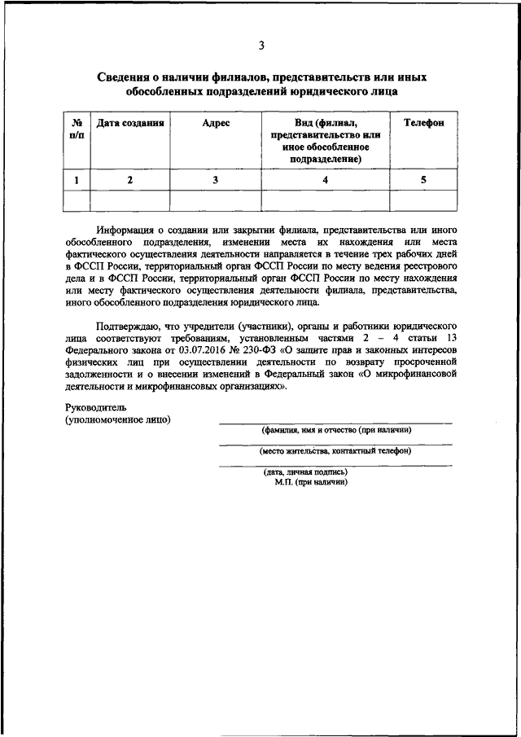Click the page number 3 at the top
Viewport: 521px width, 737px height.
point(260,45)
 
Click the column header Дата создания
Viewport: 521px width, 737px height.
point(130,123)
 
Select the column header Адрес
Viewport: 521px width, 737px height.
point(216,123)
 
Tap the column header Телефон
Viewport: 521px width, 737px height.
point(423,123)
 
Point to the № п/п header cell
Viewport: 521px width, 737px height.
point(77,129)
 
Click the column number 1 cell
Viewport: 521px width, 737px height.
point(77,180)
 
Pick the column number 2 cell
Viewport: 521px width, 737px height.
point(130,180)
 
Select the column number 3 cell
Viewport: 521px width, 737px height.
point(216,180)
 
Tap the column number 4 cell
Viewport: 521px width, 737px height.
point(325,180)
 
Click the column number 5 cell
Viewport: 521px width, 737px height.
point(423,180)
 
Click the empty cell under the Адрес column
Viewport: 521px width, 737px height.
point(216,200)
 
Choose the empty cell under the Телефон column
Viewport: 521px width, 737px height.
point(423,200)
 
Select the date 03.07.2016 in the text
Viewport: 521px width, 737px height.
point(221,351)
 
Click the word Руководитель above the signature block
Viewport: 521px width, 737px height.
point(96,406)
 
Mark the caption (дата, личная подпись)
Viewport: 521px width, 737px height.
point(305,472)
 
